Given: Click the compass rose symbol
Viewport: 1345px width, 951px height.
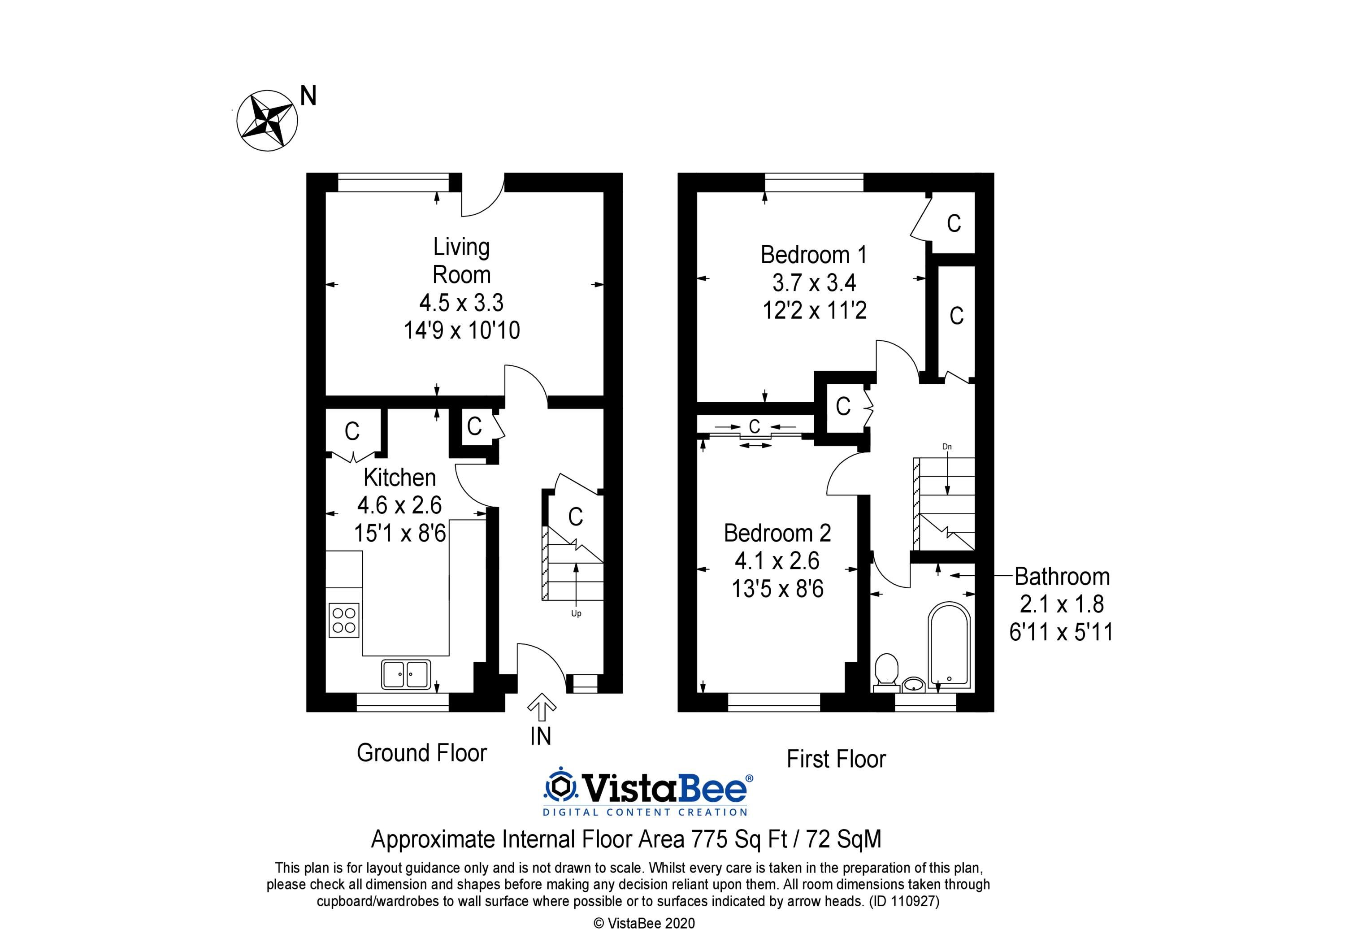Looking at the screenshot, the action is (x=267, y=121).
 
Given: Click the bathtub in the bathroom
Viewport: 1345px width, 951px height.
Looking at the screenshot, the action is (x=950, y=645).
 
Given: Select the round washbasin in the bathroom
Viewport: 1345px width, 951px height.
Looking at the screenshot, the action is (x=913, y=684).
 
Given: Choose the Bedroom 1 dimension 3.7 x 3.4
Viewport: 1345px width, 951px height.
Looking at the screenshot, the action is (x=814, y=283).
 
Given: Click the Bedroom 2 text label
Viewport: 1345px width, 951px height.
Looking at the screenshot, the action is (x=777, y=533).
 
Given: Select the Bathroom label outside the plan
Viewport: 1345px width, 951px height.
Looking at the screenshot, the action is (x=1062, y=577).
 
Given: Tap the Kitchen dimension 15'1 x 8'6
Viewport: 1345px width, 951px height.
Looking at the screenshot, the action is (x=400, y=533).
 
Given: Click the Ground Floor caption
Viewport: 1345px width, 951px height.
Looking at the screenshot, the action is (x=422, y=753).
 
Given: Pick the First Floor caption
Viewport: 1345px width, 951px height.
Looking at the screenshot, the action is (x=836, y=759).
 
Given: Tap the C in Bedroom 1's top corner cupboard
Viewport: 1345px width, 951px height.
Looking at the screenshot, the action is (x=954, y=223).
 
